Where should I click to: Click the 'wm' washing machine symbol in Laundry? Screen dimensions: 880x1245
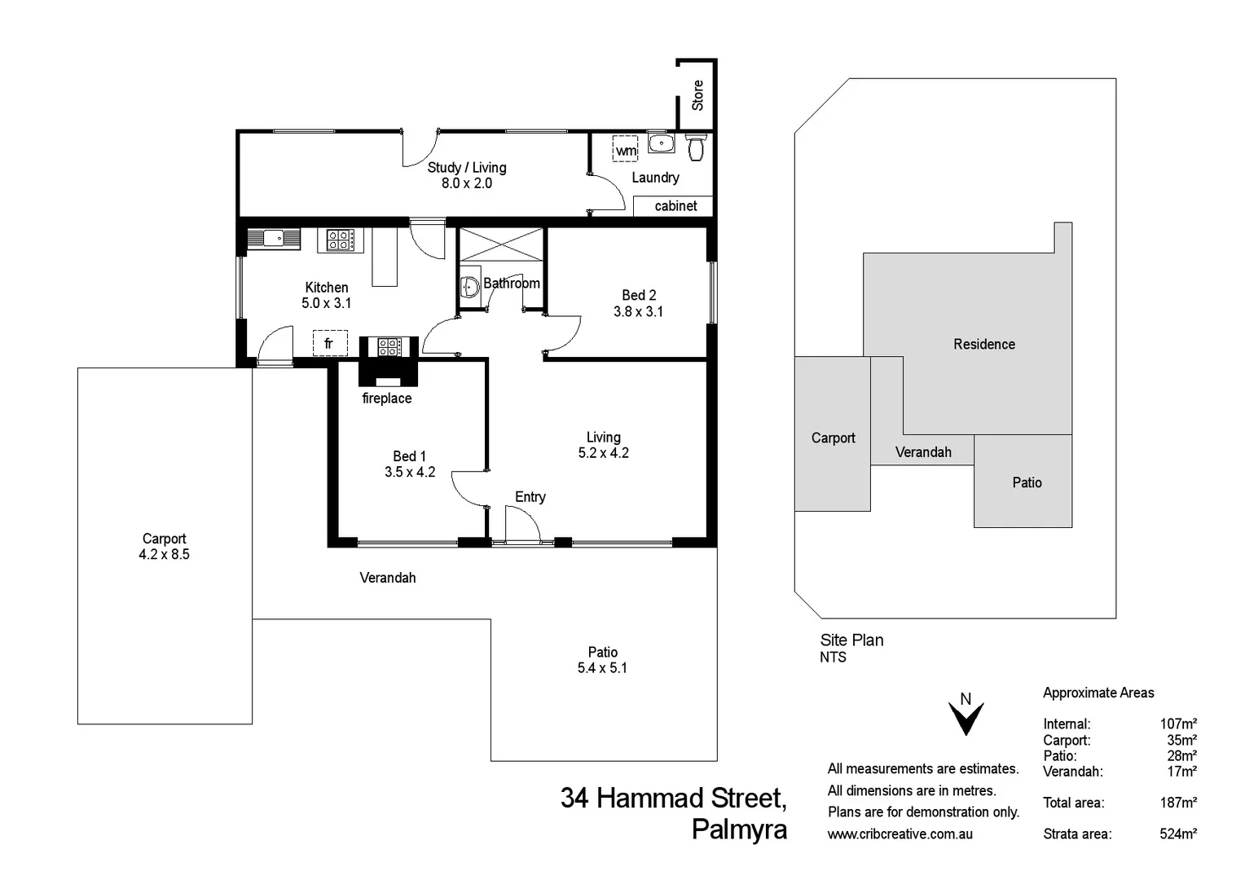point(625,150)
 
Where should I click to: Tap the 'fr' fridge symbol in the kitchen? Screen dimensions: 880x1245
point(329,343)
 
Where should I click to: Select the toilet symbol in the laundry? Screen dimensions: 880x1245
point(695,148)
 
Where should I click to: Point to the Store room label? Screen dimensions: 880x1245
point(697,95)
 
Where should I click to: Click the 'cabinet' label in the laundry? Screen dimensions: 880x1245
point(675,206)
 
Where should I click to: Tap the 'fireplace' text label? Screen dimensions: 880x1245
point(387,398)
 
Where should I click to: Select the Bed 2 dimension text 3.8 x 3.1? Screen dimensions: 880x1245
point(638,311)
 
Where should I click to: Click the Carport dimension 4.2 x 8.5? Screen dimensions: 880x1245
point(164,554)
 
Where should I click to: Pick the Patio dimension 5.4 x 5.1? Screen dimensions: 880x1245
point(602,668)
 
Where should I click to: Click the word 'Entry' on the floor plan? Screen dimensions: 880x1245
point(530,497)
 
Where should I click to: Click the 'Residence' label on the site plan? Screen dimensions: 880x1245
point(984,345)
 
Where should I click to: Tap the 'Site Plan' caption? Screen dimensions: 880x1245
point(851,640)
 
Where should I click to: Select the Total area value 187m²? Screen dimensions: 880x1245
point(1178,803)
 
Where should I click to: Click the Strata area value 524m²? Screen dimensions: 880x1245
point(1178,834)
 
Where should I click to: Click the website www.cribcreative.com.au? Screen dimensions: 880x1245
point(900,834)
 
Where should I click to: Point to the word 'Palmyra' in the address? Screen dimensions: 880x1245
point(739,829)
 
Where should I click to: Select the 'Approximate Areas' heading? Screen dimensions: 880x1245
point(1098,693)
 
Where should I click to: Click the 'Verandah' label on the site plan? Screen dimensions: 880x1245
point(923,452)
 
